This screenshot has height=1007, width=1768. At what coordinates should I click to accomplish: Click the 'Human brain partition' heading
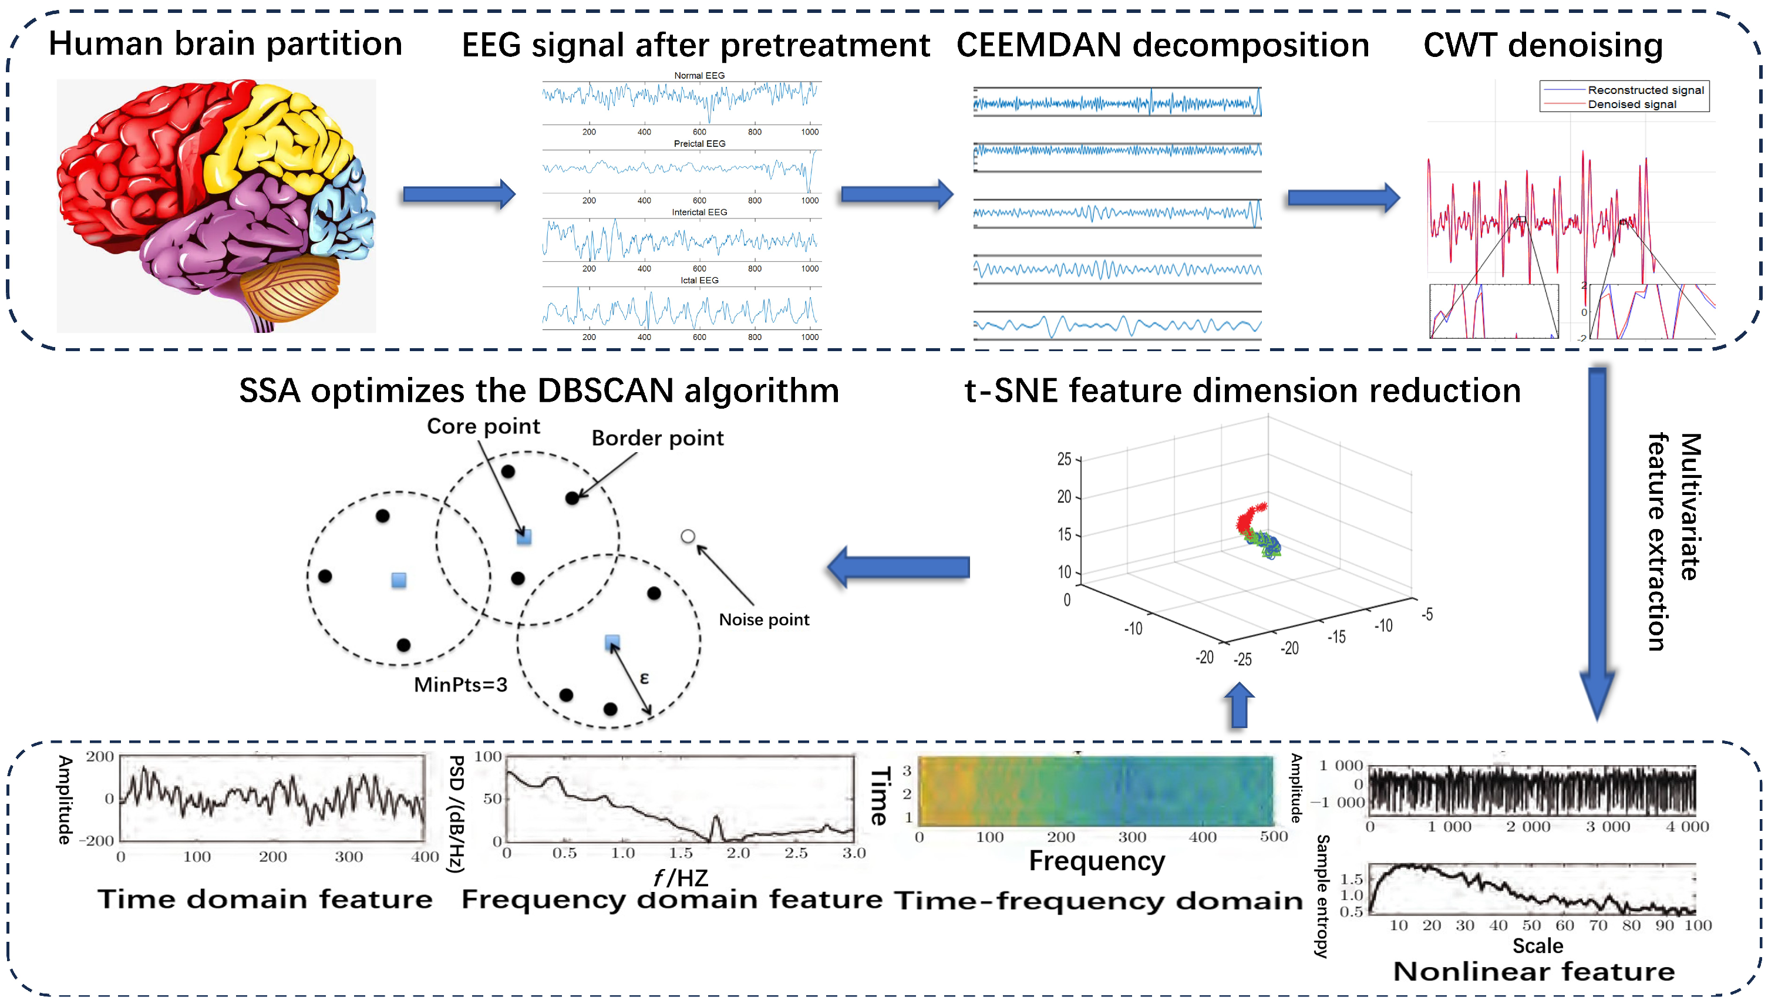pyautogui.click(x=225, y=43)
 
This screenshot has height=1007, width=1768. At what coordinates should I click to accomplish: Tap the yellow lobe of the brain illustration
pyautogui.click(x=277, y=139)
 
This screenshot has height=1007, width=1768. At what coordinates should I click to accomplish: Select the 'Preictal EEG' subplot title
pyautogui.click(x=699, y=144)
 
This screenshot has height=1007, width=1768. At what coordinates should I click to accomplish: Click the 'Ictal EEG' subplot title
pyautogui.click(x=699, y=280)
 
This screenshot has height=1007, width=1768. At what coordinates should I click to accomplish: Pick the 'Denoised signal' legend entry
pyautogui.click(x=1631, y=105)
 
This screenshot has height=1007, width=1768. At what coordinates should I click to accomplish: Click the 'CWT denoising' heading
pyautogui.click(x=1543, y=45)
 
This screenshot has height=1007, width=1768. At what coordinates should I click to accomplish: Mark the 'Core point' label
pyautogui.click(x=483, y=426)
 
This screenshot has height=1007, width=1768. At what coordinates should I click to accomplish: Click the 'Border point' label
pyautogui.click(x=657, y=438)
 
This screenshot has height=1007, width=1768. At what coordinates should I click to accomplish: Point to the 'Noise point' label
pyautogui.click(x=763, y=619)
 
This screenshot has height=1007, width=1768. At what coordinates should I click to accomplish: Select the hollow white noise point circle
pyautogui.click(x=687, y=536)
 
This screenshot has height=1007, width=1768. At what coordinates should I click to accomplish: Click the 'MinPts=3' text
pyautogui.click(x=460, y=685)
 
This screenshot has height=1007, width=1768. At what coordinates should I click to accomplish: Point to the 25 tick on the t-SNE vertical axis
pyautogui.click(x=1063, y=459)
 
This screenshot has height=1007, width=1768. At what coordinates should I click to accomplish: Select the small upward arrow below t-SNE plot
pyautogui.click(x=1239, y=705)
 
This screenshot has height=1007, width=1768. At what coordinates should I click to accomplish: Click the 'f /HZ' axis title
pyautogui.click(x=681, y=878)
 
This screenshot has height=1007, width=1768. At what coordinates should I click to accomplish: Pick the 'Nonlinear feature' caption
pyautogui.click(x=1534, y=971)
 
